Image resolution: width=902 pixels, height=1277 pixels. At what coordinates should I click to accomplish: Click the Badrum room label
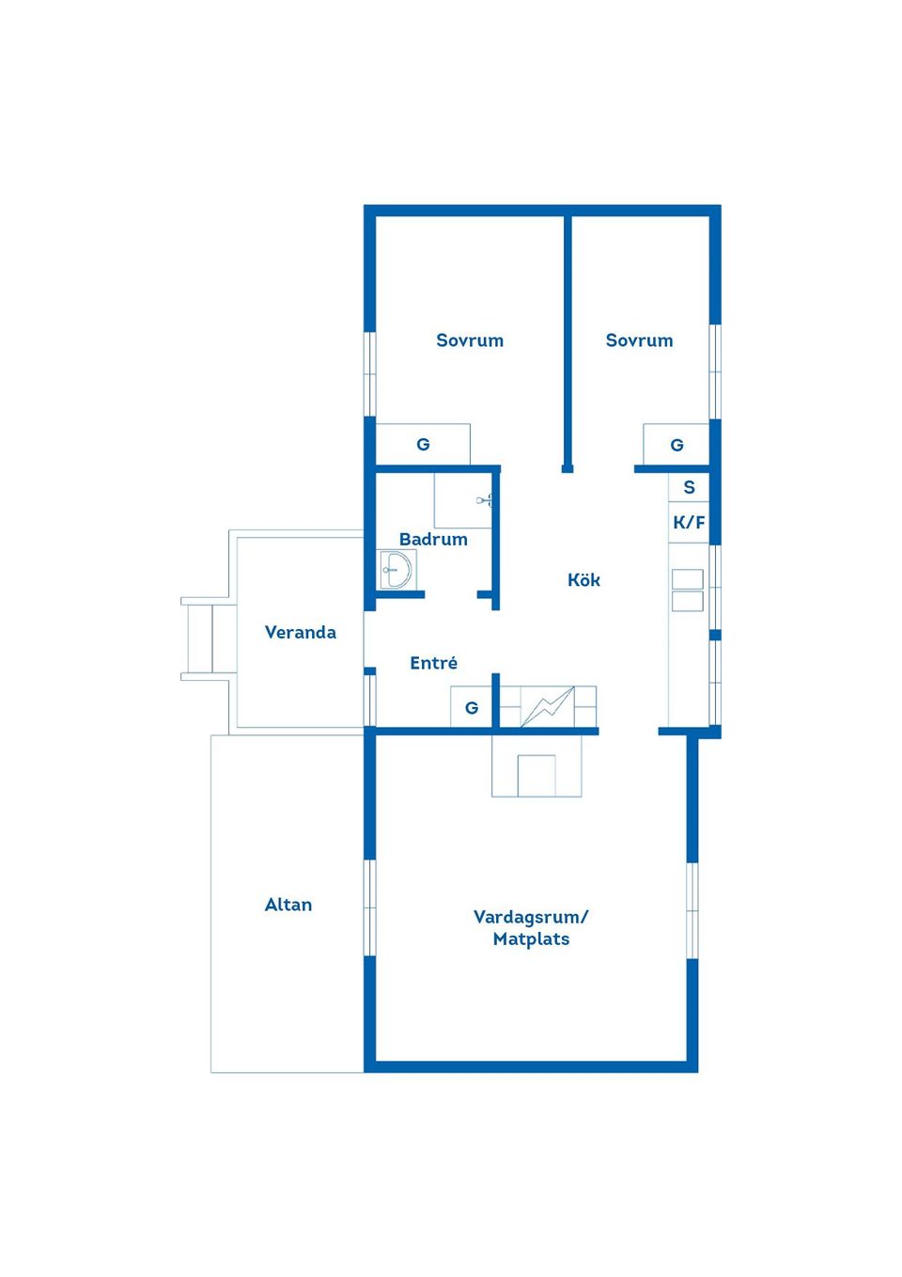click(433, 540)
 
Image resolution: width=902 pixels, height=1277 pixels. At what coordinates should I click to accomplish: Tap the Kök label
click(583, 580)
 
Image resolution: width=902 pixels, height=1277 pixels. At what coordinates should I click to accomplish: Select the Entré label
click(433, 662)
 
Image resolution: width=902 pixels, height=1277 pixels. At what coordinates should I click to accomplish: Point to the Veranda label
click(300, 632)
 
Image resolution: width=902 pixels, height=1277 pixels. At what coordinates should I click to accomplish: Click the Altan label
click(288, 905)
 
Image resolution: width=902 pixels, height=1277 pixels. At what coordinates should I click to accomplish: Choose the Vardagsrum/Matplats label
click(531, 929)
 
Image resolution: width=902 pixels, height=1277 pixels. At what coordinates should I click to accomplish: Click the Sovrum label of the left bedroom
click(470, 340)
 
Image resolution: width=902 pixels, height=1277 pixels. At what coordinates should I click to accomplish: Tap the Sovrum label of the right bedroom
click(639, 340)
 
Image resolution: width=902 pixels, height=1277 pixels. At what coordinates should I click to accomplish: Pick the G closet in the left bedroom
click(423, 444)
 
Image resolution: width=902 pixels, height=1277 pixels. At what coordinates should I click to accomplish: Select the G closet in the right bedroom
click(676, 444)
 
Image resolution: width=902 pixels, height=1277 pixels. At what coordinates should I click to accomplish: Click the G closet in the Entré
click(471, 707)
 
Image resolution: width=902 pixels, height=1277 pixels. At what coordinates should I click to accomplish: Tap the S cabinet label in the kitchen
click(689, 487)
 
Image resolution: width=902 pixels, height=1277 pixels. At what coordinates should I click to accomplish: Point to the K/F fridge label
click(689, 522)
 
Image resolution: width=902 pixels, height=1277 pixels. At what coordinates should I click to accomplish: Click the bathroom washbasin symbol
click(397, 569)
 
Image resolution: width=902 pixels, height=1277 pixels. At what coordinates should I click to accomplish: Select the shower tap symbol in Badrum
click(484, 500)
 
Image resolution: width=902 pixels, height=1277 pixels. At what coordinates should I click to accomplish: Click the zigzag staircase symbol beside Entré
click(548, 707)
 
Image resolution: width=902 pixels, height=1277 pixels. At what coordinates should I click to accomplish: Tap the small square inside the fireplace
click(537, 776)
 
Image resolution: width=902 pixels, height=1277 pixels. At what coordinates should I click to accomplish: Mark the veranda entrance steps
click(206, 639)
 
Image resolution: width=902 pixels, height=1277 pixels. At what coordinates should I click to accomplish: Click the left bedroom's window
click(370, 374)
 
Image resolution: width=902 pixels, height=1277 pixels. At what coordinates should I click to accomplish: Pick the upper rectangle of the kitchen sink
click(688, 578)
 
